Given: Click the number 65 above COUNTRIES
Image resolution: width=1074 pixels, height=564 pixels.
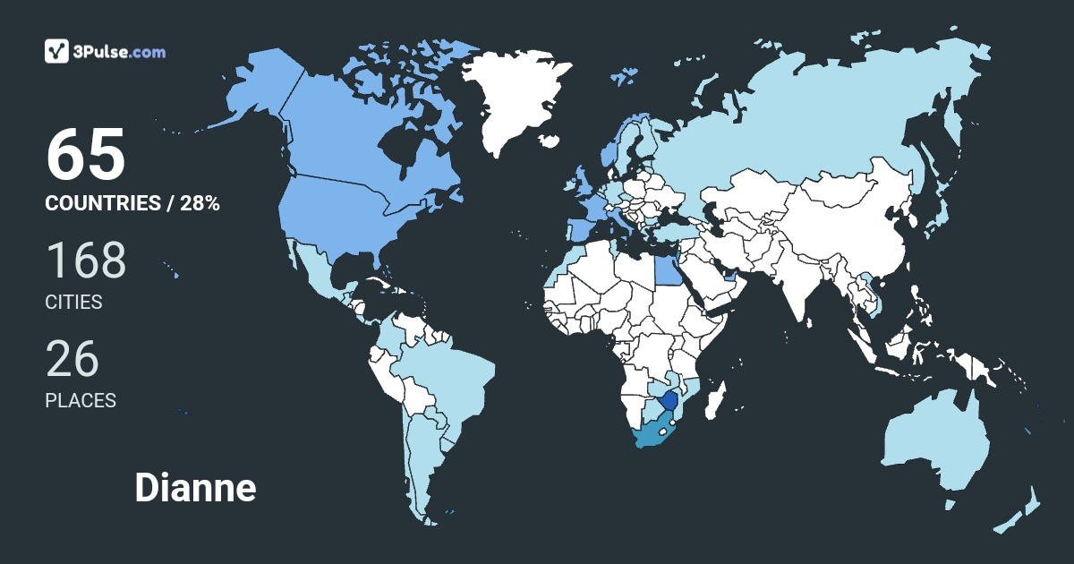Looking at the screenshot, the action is (x=86, y=155).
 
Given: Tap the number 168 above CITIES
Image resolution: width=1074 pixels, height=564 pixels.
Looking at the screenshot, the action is (x=86, y=261).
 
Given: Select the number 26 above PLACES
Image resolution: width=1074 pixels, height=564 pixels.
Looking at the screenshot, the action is (x=72, y=359).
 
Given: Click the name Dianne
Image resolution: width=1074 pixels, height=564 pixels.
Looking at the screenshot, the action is (x=195, y=488).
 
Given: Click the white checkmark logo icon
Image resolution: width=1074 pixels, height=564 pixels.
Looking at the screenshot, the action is (x=57, y=51).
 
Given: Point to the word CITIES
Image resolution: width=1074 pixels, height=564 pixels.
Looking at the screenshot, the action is (x=74, y=303).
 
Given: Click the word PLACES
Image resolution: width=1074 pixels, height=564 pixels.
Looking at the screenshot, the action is (x=81, y=401).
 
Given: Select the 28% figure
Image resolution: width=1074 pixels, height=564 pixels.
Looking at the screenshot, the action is (x=200, y=203).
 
